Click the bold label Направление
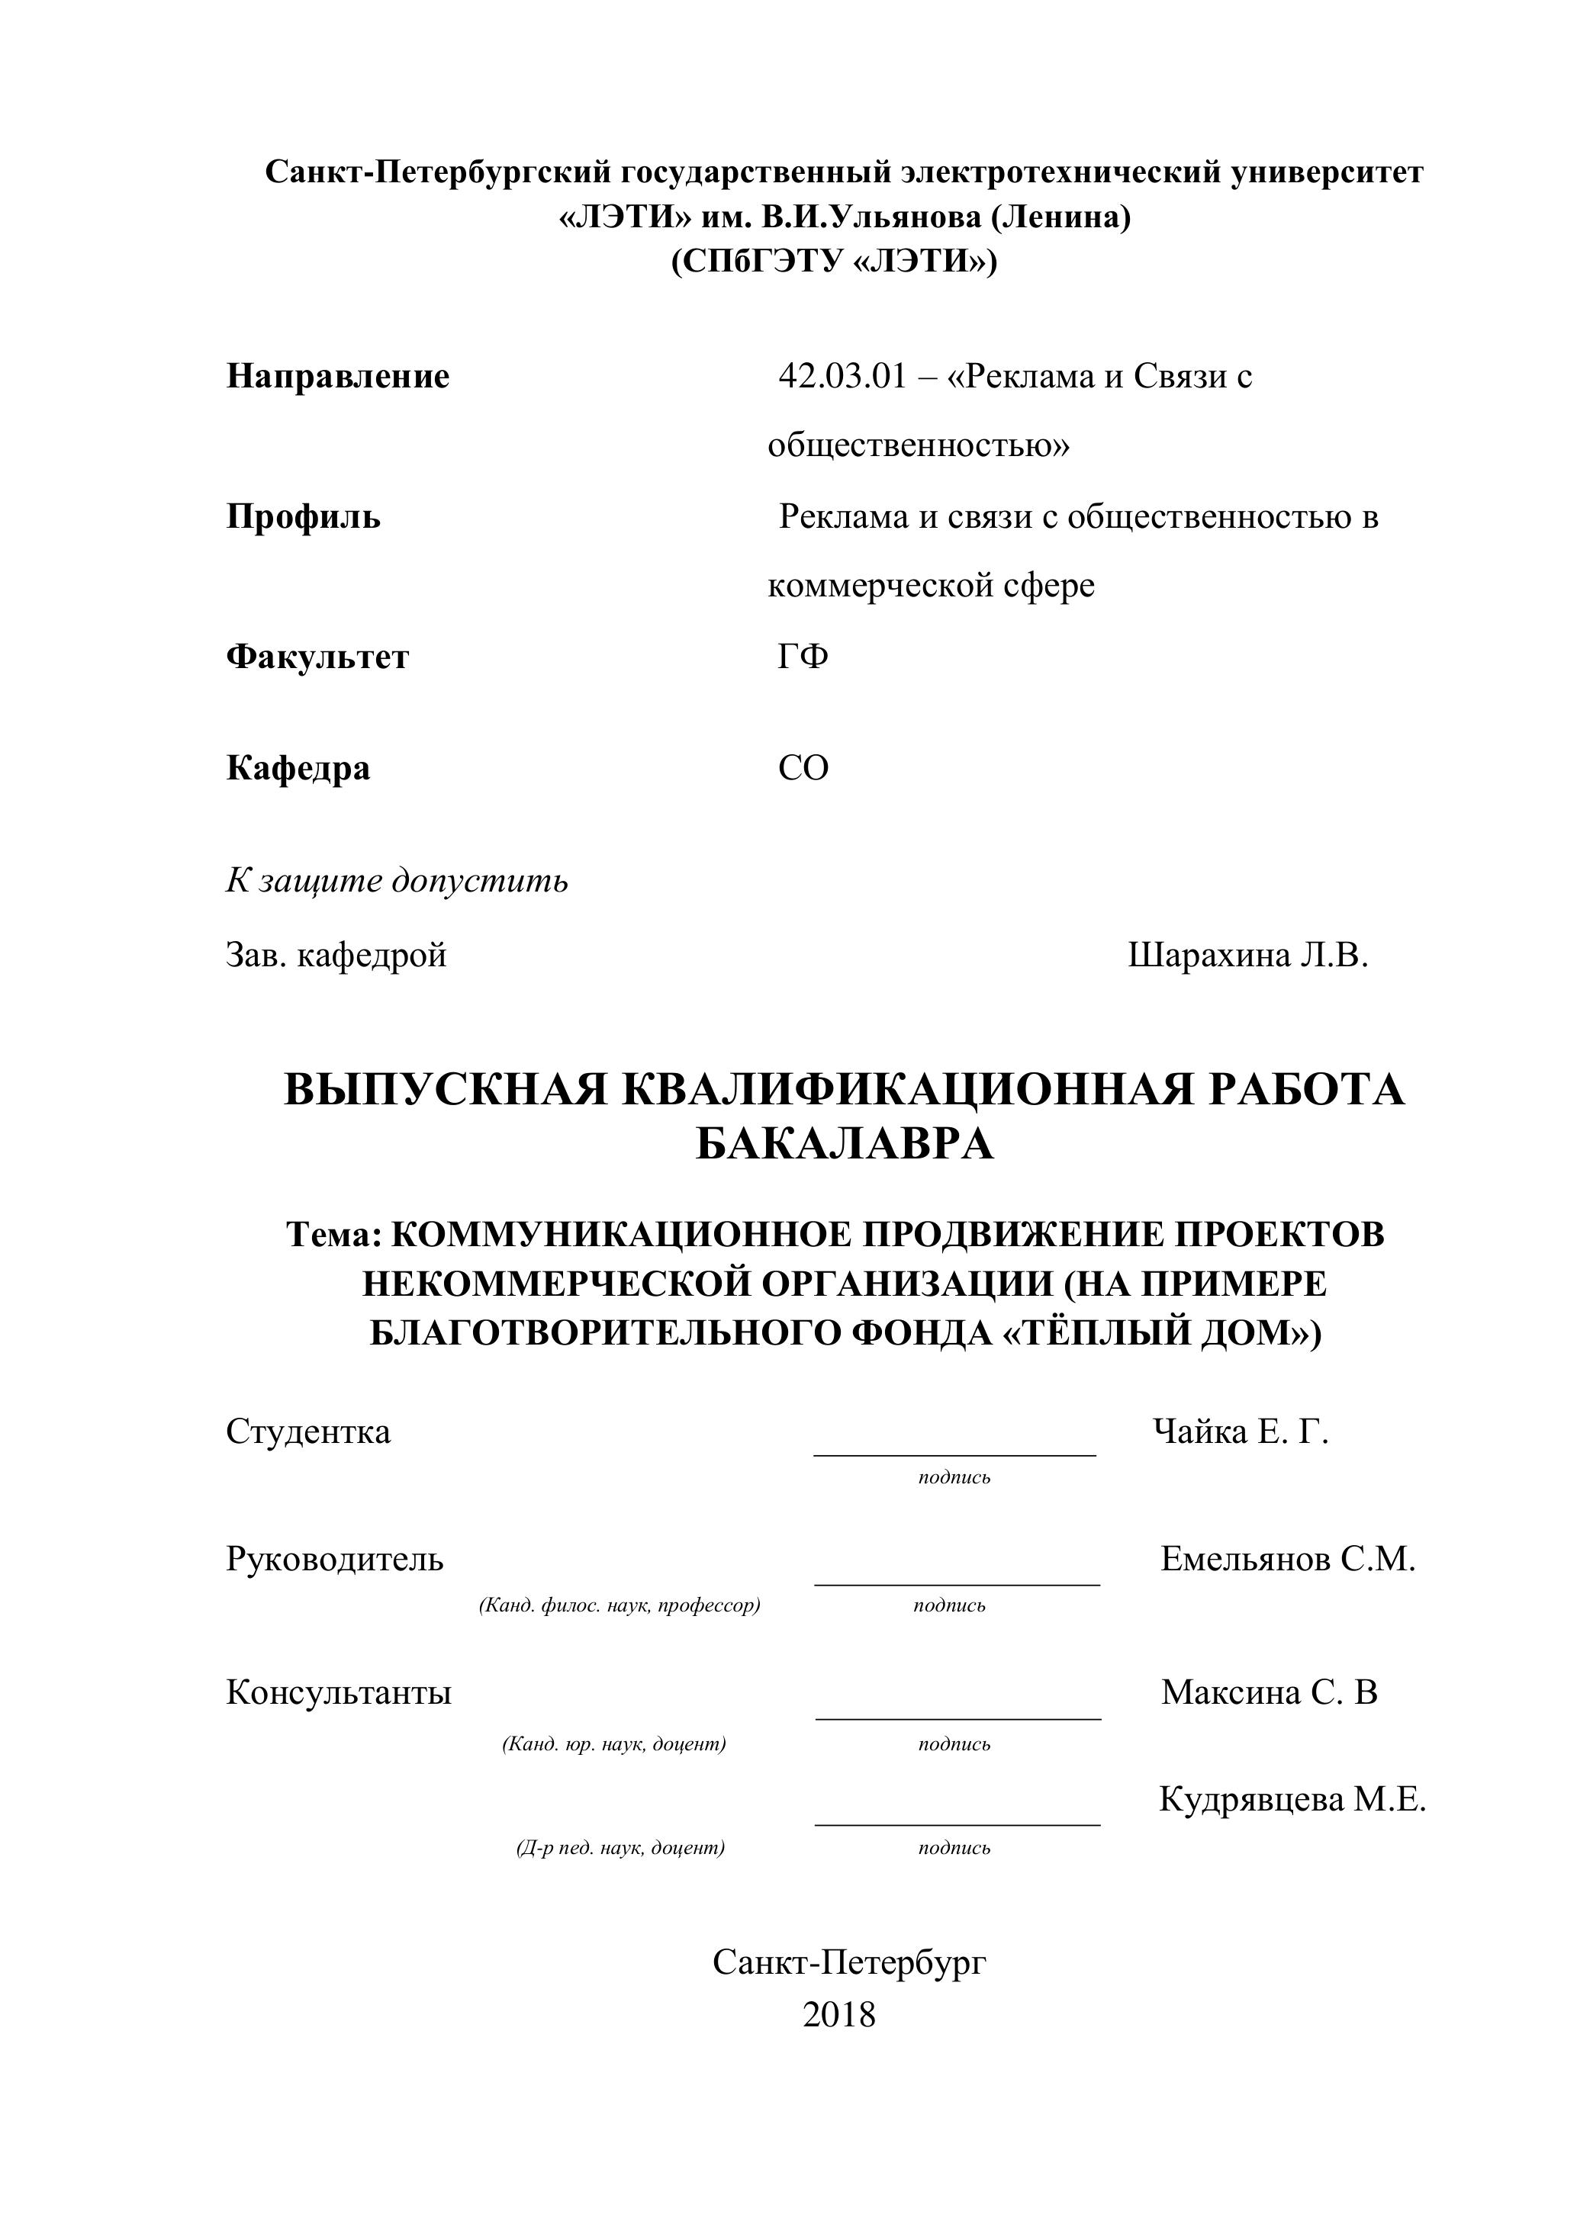point(337,377)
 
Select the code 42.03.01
point(841,377)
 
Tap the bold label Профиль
point(303,517)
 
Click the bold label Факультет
point(317,657)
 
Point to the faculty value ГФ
point(803,657)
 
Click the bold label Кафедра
point(298,768)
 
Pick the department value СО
point(803,768)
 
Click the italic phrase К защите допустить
point(397,881)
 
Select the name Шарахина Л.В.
point(1247,956)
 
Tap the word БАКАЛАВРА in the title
point(845,1144)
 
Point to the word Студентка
point(308,1432)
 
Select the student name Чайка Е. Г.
point(1240,1432)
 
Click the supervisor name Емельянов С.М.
point(1287,1560)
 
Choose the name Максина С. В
point(1268,1693)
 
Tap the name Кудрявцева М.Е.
point(1292,1800)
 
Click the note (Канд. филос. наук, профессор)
point(619,1605)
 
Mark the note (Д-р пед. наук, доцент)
point(620,1849)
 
